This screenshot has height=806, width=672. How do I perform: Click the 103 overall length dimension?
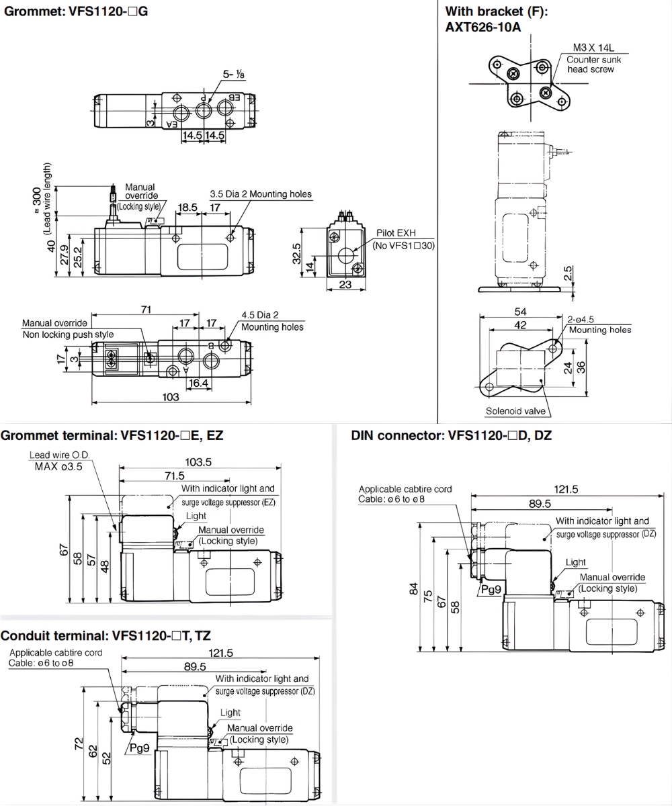point(171,397)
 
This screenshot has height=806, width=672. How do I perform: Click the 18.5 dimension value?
point(187,208)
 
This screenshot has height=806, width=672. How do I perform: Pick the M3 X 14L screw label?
point(593,48)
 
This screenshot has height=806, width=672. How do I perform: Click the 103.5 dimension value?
point(198,461)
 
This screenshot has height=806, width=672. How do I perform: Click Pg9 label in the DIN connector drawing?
point(491,589)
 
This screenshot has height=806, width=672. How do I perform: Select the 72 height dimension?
point(78,743)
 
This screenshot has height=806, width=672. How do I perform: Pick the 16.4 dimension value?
point(198,382)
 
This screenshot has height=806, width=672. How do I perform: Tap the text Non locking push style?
point(68,334)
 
